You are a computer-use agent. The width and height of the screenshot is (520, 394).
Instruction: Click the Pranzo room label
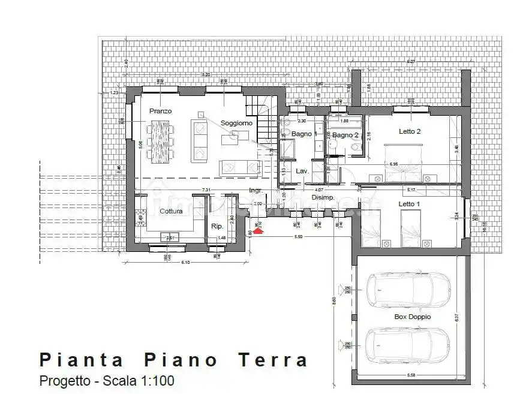tap(161, 112)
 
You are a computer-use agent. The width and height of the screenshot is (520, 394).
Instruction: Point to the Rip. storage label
tap(217, 226)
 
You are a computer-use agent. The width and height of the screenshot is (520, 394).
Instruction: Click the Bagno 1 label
tap(303, 134)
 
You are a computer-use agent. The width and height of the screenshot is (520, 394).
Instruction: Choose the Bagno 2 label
tap(345, 136)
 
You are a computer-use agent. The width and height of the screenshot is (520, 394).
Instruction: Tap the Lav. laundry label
tap(302, 172)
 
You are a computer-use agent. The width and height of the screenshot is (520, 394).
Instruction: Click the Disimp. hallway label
tap(323, 197)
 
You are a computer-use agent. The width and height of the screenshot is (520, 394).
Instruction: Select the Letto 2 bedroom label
tap(410, 131)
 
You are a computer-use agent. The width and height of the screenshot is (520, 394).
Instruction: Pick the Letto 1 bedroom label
tap(410, 204)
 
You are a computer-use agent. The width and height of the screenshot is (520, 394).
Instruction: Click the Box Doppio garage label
tap(412, 317)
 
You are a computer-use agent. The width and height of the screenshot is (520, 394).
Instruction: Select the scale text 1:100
tap(158, 380)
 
